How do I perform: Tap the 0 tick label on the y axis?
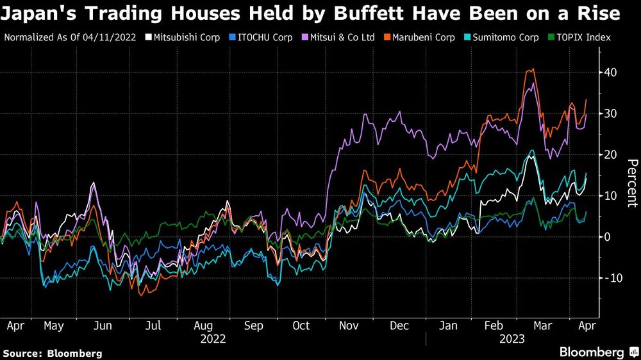pos(606,237)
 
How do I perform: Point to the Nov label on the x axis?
pos(348,325)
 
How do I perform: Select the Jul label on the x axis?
pos(152,325)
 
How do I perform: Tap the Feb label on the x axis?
pos(494,325)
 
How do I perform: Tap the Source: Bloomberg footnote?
pos(53,353)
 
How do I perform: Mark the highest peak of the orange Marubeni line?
pos(532,69)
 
